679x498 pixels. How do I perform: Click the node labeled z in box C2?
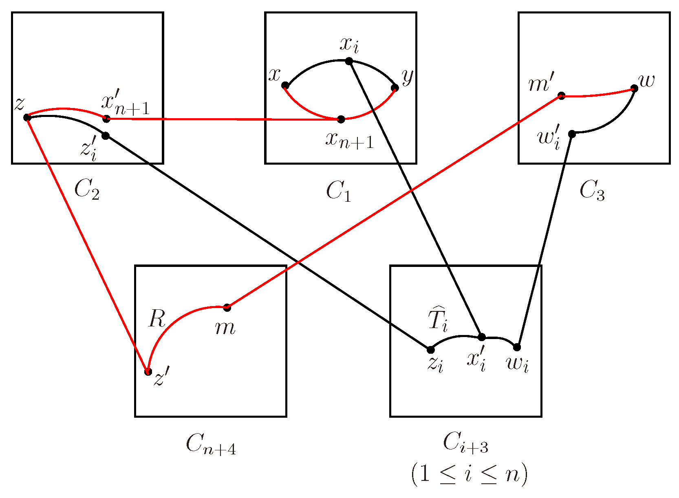pyautogui.click(x=27, y=117)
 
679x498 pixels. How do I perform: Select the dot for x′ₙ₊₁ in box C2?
pyautogui.click(x=106, y=119)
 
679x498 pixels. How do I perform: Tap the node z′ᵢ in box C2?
pyautogui.click(x=106, y=135)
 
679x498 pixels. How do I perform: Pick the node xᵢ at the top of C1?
pyautogui.click(x=349, y=61)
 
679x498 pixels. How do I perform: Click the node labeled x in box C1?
pyautogui.click(x=285, y=85)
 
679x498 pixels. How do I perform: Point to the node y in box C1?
pyautogui.click(x=395, y=88)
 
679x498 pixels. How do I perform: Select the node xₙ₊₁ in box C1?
pyautogui.click(x=341, y=119)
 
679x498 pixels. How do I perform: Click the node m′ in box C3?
pyautogui.click(x=561, y=96)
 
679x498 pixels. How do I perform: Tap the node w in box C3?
pyautogui.click(x=634, y=88)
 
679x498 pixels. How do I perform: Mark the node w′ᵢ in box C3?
pyautogui.click(x=572, y=134)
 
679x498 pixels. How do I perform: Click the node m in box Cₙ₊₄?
pyautogui.click(x=227, y=307)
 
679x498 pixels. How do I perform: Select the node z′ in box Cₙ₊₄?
pyautogui.click(x=148, y=372)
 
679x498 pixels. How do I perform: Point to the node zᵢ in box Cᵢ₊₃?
pyautogui.click(x=430, y=350)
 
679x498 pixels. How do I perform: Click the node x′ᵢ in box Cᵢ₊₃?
pyautogui.click(x=481, y=337)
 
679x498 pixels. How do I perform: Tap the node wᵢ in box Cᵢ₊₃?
pyautogui.click(x=517, y=347)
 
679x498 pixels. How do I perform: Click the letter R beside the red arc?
pyautogui.click(x=157, y=319)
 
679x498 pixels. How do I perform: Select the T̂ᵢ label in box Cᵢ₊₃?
pyautogui.click(x=438, y=320)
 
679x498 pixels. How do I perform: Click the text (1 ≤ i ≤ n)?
pyautogui.click(x=469, y=474)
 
